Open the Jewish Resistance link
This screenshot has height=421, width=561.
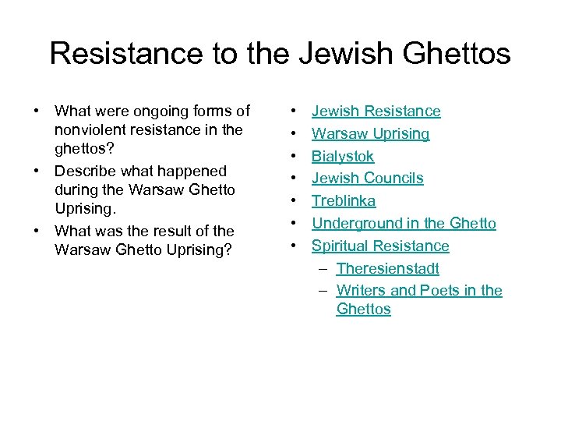[x=376, y=111]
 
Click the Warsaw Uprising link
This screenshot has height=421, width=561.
[x=371, y=134]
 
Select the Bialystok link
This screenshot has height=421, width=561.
[x=343, y=156]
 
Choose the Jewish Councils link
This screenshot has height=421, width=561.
[x=368, y=179]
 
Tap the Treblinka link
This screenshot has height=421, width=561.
[x=344, y=201]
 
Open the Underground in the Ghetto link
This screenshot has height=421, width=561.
[x=404, y=224]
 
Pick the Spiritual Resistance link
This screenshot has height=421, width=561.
[x=380, y=246]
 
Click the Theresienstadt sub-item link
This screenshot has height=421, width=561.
[x=388, y=269]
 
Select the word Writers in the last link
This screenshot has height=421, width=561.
[x=361, y=291]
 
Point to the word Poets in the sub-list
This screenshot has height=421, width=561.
[x=439, y=291]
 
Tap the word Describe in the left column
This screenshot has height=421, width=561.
[x=86, y=171]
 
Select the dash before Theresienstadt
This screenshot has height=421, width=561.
[x=322, y=269]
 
